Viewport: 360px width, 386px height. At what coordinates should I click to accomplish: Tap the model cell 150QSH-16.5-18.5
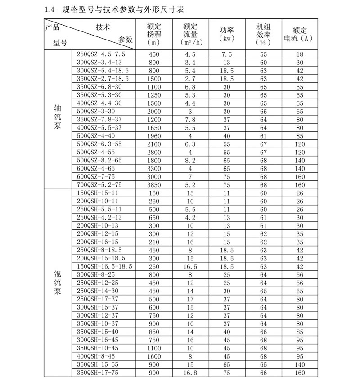[104, 266]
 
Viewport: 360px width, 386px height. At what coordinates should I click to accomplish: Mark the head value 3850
[154, 184]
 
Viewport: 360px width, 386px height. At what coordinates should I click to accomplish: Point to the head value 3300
[154, 168]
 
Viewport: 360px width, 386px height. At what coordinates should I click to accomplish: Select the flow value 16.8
[191, 373]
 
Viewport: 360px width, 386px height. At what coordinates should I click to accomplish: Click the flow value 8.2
[191, 160]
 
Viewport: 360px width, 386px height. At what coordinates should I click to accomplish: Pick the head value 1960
[154, 136]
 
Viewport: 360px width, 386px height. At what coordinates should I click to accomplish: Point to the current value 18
[300, 54]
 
